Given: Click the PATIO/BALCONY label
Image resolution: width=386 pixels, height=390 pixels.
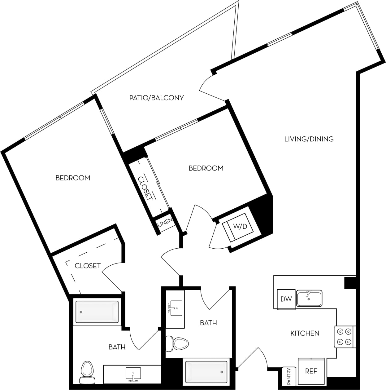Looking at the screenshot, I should [x=156, y=98].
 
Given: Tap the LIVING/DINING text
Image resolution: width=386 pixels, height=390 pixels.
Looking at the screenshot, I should [x=309, y=139].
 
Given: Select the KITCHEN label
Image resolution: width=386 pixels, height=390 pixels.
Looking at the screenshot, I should [x=305, y=333].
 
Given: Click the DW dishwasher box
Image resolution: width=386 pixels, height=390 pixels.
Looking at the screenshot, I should [x=286, y=299].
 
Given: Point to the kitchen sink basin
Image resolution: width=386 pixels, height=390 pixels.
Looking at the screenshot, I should [x=309, y=299].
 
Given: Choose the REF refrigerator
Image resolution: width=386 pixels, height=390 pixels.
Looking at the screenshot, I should [x=311, y=371].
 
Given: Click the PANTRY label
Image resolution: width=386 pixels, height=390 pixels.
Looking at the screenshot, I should [x=289, y=376].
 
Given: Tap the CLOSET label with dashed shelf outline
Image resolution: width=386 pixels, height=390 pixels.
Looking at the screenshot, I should [x=88, y=266].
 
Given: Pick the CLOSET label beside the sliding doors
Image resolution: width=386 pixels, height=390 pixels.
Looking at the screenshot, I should [x=145, y=188].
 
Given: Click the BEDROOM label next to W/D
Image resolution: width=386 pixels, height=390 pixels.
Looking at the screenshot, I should [x=206, y=168].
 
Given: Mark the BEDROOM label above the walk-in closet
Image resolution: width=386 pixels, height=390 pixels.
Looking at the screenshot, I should [x=73, y=178].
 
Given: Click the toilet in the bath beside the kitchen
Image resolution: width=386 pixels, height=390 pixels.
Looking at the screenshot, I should [x=177, y=343].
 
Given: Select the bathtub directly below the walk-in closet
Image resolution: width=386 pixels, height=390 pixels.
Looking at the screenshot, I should [x=97, y=312].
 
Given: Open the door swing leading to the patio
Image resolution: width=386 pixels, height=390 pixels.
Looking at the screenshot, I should [x=210, y=88].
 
